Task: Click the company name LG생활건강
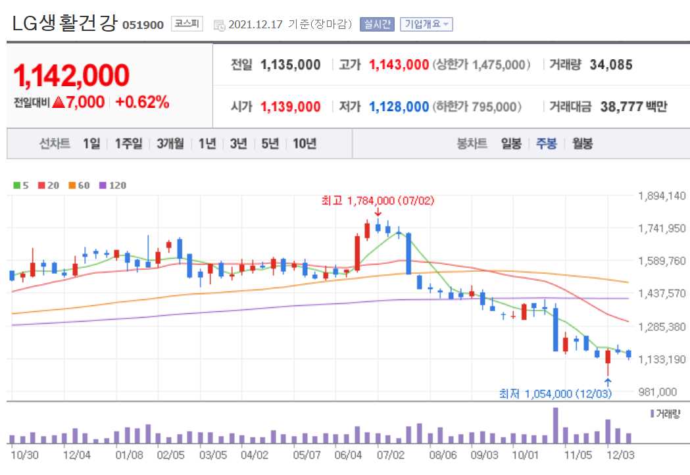pos(64,24)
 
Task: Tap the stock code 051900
pos(143,25)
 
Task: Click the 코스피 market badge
pos(187,24)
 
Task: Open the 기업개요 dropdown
pos(426,24)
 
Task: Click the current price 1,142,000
pos(72,76)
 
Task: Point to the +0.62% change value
pos(142,102)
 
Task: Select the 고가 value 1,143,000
pos(399,64)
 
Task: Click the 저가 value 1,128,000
pos(399,107)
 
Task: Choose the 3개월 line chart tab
pos(170,143)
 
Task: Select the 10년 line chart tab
pos(305,143)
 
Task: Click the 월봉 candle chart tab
pos(582,143)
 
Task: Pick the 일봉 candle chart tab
pos(511,143)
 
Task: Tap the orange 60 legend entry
pos(79,186)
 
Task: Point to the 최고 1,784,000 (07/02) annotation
pos(378,200)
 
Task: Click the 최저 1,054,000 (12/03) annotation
pos(556,393)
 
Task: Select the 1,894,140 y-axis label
pos(662,196)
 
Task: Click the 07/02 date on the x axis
pos(390,454)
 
